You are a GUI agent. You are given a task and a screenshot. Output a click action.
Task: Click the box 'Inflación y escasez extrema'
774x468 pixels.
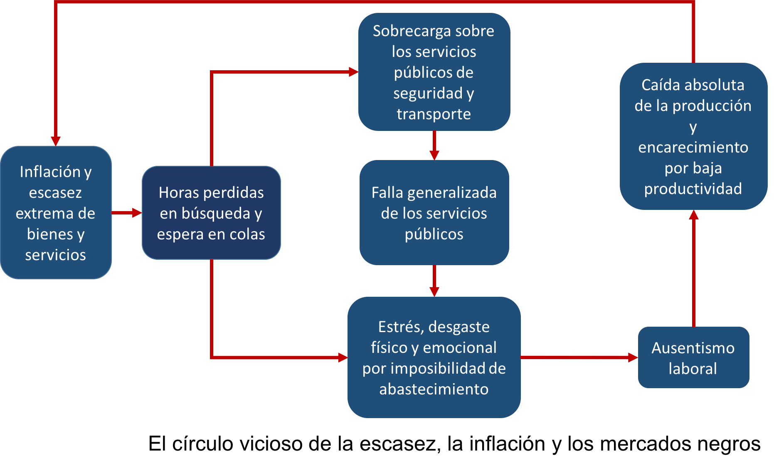[x=56, y=212]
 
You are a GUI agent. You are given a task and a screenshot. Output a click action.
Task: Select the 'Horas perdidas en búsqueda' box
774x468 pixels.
[x=211, y=213]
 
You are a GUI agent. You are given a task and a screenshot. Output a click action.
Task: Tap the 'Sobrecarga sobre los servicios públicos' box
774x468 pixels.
[x=434, y=72]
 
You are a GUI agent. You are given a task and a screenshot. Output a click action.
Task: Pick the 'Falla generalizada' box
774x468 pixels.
[x=434, y=213]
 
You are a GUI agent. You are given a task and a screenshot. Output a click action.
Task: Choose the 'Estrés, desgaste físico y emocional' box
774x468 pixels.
[x=434, y=357]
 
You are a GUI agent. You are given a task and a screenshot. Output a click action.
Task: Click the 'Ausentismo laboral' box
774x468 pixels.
[x=693, y=357]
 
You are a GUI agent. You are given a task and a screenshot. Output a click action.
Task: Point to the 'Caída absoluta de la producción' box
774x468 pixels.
[x=693, y=136]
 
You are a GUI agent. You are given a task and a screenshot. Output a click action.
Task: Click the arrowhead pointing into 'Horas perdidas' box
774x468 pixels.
[x=137, y=213]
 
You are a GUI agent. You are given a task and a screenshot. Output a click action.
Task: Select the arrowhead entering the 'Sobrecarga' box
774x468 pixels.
[x=353, y=72]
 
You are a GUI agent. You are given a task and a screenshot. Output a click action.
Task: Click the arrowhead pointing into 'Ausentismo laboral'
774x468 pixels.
[x=633, y=357]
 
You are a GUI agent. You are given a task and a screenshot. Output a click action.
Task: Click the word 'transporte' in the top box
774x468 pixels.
[x=434, y=114]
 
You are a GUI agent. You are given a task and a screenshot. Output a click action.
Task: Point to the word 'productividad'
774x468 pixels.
[x=693, y=189]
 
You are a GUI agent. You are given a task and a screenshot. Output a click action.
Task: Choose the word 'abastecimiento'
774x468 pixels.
[x=434, y=389]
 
